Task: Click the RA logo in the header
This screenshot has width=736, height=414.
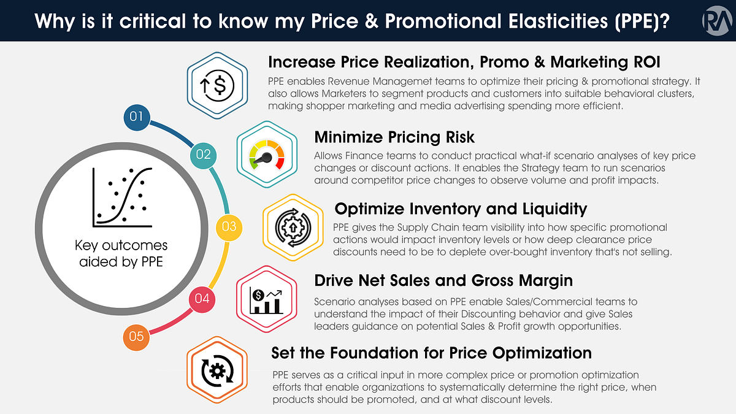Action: (x=715, y=21)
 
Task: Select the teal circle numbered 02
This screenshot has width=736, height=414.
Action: (x=204, y=154)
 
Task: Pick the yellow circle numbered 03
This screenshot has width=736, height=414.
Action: (x=229, y=226)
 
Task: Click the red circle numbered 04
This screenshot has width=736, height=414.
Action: (x=202, y=299)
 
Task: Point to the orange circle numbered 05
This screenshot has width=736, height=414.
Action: (x=137, y=336)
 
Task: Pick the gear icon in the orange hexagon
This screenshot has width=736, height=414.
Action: (x=217, y=372)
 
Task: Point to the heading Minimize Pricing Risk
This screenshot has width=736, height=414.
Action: (x=394, y=136)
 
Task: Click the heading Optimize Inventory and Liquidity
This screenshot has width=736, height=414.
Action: (x=461, y=209)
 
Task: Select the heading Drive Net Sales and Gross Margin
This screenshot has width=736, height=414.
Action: (x=443, y=280)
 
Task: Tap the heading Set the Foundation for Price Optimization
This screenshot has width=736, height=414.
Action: (x=431, y=353)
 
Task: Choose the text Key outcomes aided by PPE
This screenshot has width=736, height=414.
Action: (x=121, y=254)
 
